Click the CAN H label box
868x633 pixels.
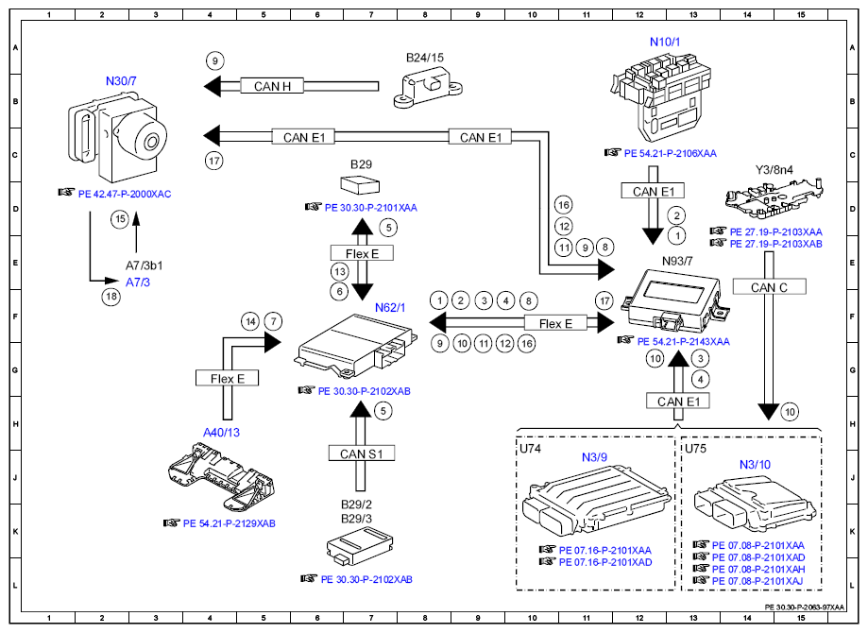click(273, 86)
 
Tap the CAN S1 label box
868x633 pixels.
click(360, 453)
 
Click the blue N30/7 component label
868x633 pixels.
click(123, 81)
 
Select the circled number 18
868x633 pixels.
click(112, 296)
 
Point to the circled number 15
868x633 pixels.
click(119, 219)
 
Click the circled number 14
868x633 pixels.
click(249, 321)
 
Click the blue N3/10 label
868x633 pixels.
click(754, 464)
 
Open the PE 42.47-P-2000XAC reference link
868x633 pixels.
click(125, 194)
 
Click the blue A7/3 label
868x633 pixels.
click(138, 282)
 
